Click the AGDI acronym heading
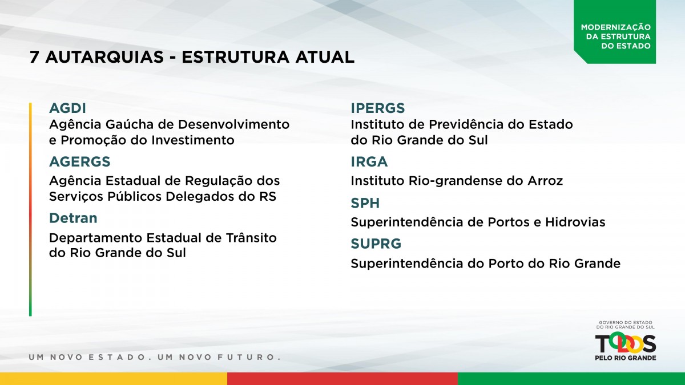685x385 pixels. (x=67, y=108)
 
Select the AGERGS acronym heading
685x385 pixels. (x=79, y=161)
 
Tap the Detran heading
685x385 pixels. (x=73, y=218)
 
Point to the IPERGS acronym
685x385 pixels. (x=378, y=108)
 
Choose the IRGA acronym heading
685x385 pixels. (x=369, y=161)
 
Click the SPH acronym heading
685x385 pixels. (x=365, y=203)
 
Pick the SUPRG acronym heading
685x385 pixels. (x=376, y=244)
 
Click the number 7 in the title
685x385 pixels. (x=34, y=57)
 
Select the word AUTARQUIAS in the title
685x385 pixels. (x=104, y=57)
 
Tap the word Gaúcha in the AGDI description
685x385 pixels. (x=130, y=124)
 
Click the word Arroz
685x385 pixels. (x=545, y=181)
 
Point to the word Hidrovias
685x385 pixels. (x=575, y=222)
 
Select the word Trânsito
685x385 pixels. (x=251, y=238)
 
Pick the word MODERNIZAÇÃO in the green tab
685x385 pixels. (x=616, y=27)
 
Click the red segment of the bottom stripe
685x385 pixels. (x=342, y=379)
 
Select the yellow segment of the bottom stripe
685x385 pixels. (x=114, y=379)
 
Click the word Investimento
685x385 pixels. (x=193, y=140)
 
